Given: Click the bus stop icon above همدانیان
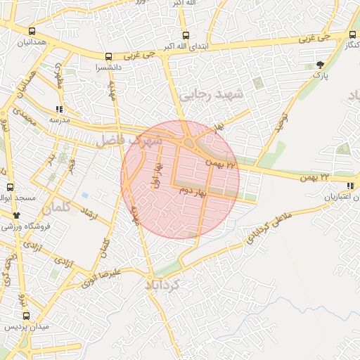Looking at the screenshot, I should (32, 32).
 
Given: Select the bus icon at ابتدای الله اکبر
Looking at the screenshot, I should (186, 35).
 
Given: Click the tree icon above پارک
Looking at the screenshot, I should (321, 64).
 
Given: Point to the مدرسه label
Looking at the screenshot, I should (58, 120).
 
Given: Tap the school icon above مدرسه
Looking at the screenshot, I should (58, 109).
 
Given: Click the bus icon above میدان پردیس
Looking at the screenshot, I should (26, 316).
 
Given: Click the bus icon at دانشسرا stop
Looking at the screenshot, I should (108, 57).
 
